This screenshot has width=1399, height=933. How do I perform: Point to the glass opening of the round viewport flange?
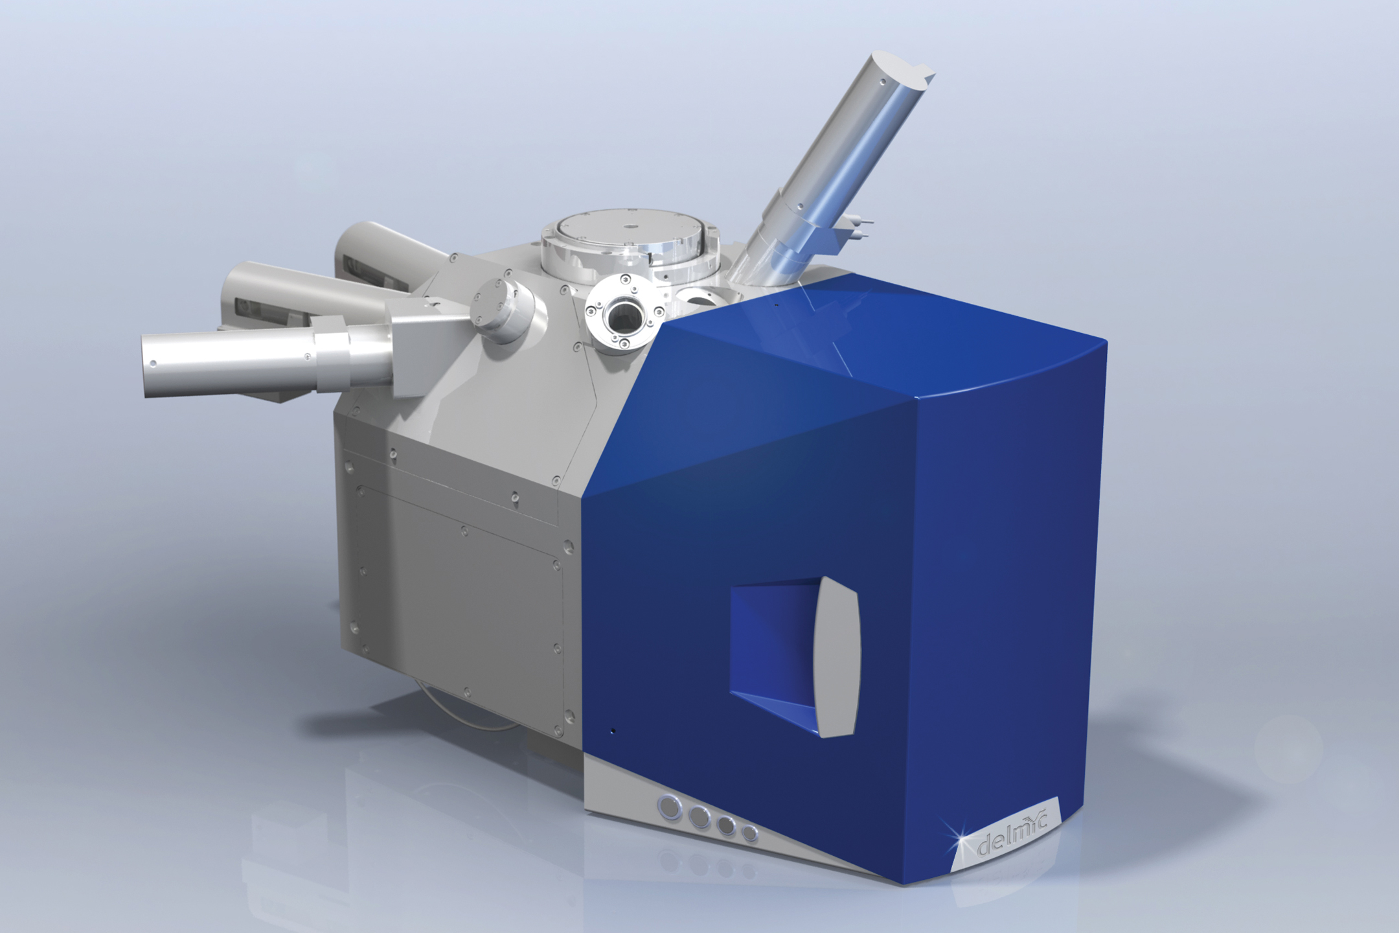tap(620, 317)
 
